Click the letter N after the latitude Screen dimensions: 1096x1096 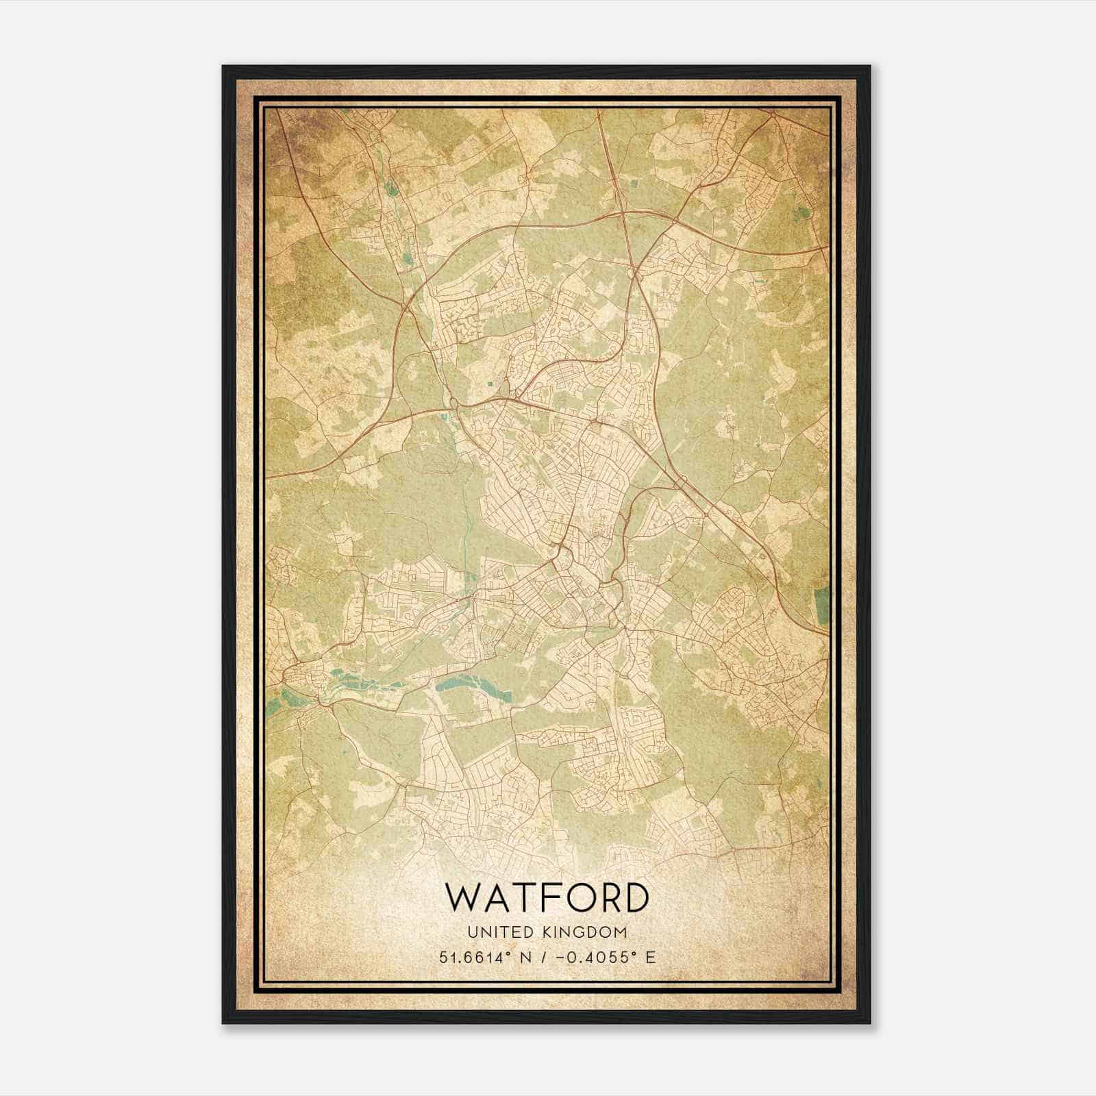pos(526,956)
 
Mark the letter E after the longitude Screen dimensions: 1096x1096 pos(650,956)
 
